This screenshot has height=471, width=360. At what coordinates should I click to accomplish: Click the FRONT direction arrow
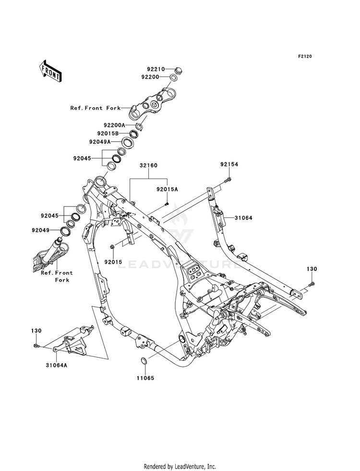coord(50,71)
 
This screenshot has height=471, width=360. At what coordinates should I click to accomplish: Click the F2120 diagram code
coord(305,56)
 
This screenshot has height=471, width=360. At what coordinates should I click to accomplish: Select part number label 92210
coord(156,69)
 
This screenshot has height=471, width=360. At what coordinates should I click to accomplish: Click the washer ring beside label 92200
coord(173,77)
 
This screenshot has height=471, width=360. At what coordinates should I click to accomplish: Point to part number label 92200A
coord(114,125)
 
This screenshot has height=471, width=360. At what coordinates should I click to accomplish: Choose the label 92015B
coord(108,133)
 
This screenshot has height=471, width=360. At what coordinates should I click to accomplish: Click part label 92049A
coord(100,142)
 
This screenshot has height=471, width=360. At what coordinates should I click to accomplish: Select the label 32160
coord(148,165)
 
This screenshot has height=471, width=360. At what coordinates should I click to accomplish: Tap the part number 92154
coord(229,164)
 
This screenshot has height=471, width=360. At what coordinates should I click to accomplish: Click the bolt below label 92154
coord(228,180)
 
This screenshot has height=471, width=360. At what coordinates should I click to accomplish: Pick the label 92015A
coord(167,189)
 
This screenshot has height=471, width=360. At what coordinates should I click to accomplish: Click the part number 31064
coord(243,218)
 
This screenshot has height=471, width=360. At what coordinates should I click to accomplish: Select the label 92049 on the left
coord(40,230)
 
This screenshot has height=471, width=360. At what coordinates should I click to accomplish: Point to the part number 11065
coord(145,378)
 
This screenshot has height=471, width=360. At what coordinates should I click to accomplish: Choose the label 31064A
coord(57,365)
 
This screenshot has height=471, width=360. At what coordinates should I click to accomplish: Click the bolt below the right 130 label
coord(312,283)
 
